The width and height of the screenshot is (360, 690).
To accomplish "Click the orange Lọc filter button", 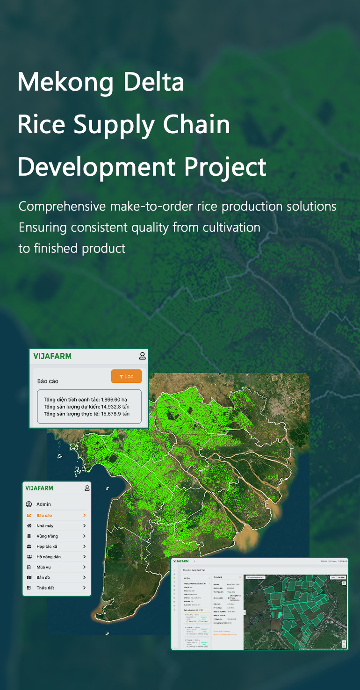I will [x=126, y=376].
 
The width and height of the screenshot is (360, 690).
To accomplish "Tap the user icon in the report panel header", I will [x=142, y=356].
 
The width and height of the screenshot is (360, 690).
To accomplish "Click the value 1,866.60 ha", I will [x=114, y=400].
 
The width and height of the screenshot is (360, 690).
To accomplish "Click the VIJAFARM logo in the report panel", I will [x=52, y=356].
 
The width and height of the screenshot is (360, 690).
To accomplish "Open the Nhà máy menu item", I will [x=45, y=526].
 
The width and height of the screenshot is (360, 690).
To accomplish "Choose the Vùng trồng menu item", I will [x=47, y=536].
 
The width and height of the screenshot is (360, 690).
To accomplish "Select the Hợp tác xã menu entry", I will [x=47, y=546].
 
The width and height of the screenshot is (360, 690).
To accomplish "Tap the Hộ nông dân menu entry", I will [x=49, y=557].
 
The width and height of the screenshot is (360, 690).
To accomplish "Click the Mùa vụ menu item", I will [x=43, y=567].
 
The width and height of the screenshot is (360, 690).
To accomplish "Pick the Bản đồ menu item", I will [x=43, y=577].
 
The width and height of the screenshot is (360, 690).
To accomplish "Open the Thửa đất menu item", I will [x=45, y=588].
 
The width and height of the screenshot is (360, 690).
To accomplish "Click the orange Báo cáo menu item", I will [x=44, y=516].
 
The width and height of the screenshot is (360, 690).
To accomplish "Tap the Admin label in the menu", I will [x=43, y=504].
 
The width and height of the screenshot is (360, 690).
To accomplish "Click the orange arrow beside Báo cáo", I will [x=85, y=516].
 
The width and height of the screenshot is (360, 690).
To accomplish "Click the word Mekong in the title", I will [x=65, y=82].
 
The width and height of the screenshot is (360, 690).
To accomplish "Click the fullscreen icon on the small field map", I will [x=344, y=583].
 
